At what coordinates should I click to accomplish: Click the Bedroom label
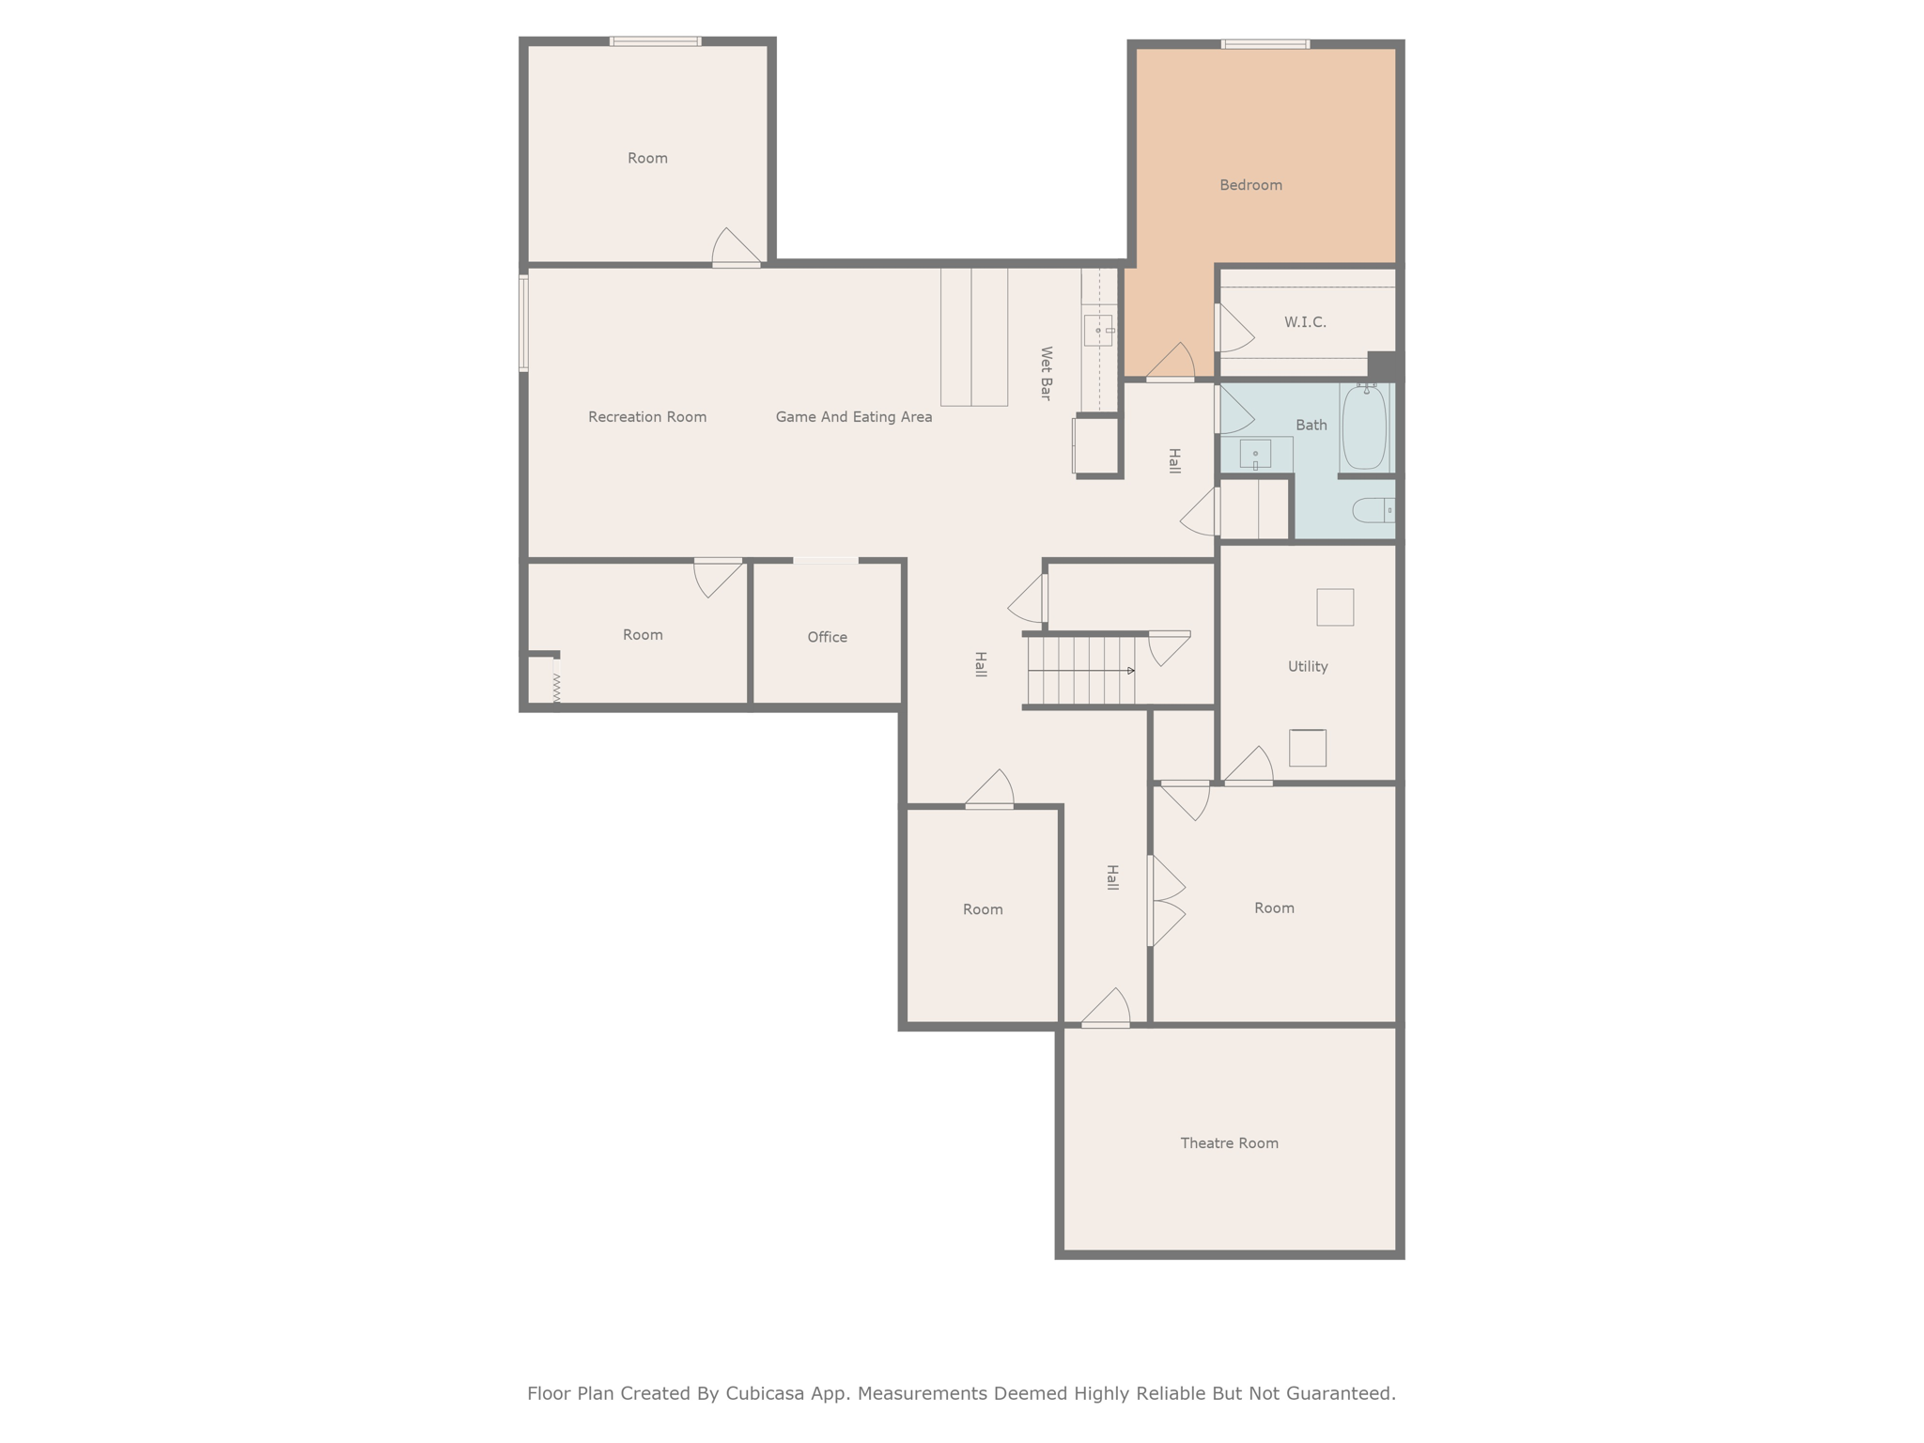[x=1250, y=185]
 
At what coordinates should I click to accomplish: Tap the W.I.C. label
[x=1305, y=322]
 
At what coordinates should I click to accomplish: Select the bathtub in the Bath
[x=1364, y=427]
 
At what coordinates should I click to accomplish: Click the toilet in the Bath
[x=1373, y=510]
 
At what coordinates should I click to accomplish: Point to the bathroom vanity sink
[x=1255, y=454]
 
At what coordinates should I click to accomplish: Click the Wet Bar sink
[x=1098, y=330]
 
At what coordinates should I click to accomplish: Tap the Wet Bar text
[x=1046, y=373]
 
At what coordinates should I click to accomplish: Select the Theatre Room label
[x=1229, y=1143]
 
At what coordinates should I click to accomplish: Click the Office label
[x=827, y=637]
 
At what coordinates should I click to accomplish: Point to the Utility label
[x=1307, y=666]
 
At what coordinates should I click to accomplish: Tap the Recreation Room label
[x=646, y=417]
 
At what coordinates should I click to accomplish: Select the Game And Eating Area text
[x=853, y=417]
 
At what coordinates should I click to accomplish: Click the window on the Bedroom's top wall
[x=1265, y=44]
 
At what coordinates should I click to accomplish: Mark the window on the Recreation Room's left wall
[x=523, y=322]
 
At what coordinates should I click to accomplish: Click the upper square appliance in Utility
[x=1334, y=607]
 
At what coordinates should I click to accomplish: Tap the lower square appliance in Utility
[x=1307, y=748]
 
